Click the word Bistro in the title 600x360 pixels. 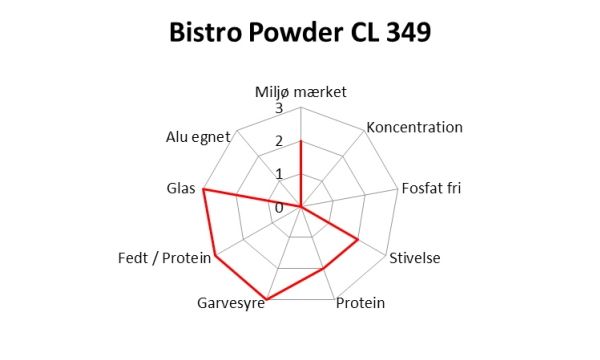(205, 32)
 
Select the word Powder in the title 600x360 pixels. (296, 32)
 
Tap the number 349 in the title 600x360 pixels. (409, 32)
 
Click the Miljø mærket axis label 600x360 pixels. (301, 92)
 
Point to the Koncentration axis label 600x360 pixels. (414, 127)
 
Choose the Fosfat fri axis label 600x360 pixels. (431, 188)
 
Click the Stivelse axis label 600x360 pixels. (415, 258)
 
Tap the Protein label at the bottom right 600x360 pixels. (360, 303)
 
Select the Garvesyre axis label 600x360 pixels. (231, 303)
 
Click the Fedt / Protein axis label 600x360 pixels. (165, 258)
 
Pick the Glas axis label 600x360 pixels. (181, 188)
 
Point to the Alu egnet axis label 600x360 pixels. (198, 137)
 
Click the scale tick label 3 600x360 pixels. (279, 108)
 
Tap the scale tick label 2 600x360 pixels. (279, 141)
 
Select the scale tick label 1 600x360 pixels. (279, 174)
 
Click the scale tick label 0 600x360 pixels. (279, 208)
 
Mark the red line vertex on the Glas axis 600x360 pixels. (204, 189)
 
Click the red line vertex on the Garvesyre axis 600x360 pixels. (267, 299)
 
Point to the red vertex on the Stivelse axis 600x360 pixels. (358, 240)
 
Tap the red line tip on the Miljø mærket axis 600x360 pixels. (301, 141)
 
